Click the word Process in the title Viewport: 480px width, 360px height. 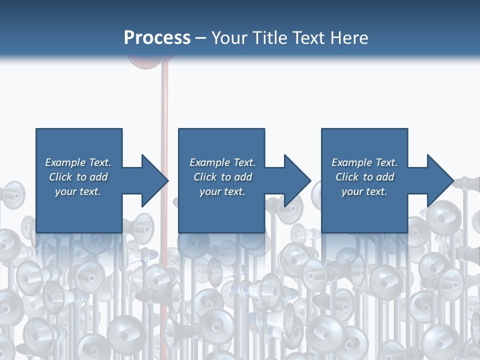click(x=157, y=38)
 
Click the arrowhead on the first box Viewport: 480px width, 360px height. click(x=155, y=180)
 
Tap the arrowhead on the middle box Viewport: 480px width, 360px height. click(x=297, y=180)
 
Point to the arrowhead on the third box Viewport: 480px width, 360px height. click(x=440, y=180)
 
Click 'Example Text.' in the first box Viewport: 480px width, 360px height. click(x=78, y=162)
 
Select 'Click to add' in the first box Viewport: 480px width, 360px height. click(x=78, y=177)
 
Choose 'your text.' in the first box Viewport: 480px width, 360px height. click(x=78, y=191)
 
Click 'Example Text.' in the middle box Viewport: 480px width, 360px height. click(x=222, y=162)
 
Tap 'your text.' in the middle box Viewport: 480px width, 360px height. click(x=222, y=191)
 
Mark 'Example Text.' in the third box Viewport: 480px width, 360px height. click(x=364, y=162)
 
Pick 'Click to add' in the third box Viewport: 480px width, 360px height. click(x=364, y=177)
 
